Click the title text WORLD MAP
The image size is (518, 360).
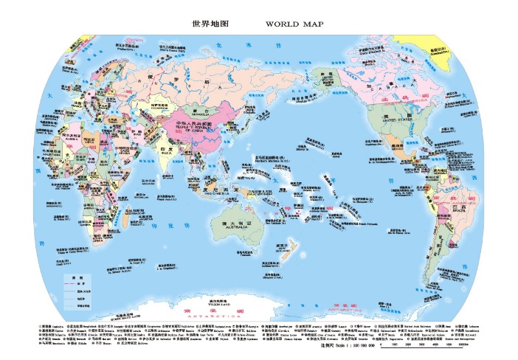(294, 24)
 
